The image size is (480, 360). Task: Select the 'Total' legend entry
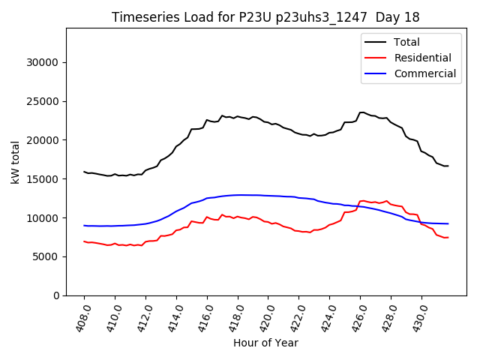click(x=407, y=42)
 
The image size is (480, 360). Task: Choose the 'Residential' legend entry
click(x=423, y=58)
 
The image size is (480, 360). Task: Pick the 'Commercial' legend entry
click(x=425, y=73)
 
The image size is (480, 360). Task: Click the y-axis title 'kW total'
click(x=16, y=161)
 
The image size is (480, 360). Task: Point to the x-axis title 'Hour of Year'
click(x=265, y=343)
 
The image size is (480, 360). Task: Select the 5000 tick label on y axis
click(x=46, y=256)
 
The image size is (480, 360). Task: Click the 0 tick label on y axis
click(x=57, y=295)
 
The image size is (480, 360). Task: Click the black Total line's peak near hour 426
click(x=362, y=112)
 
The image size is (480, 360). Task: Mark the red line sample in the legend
click(x=376, y=58)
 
